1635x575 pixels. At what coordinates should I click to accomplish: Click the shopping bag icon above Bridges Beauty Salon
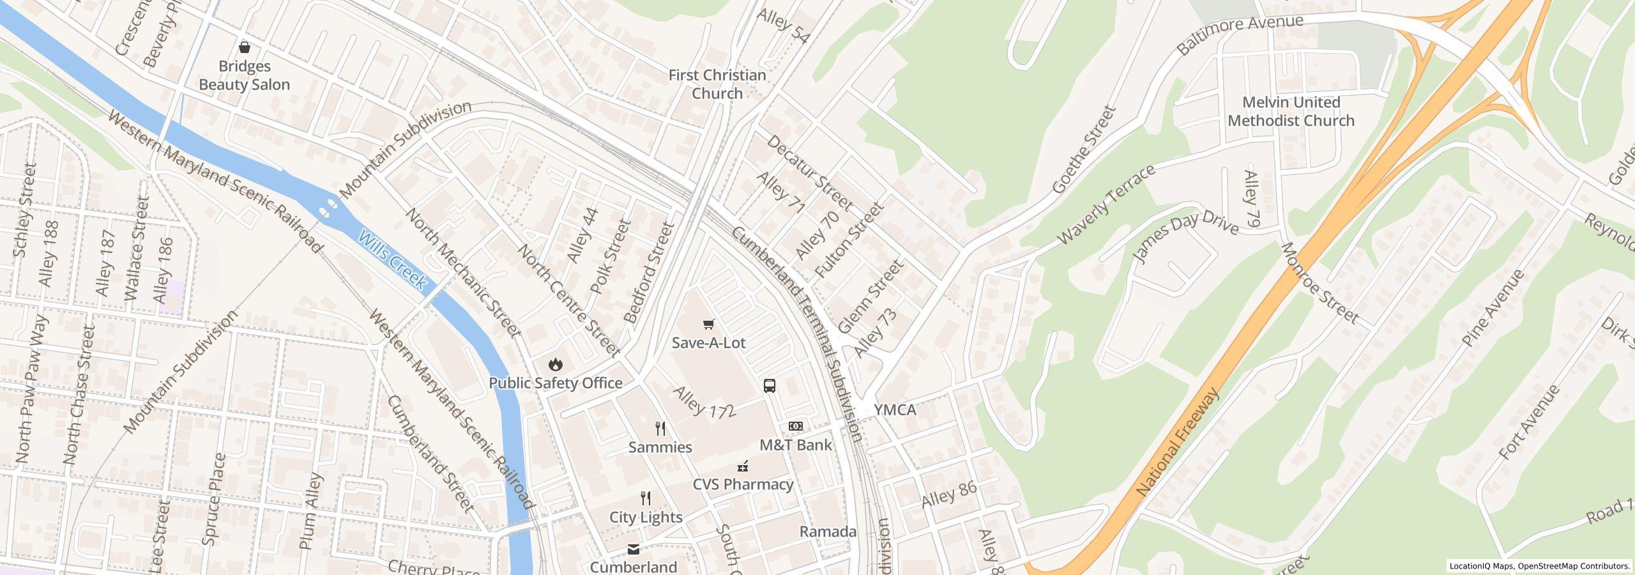pyautogui.click(x=244, y=47)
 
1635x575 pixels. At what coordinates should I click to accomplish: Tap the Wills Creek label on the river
pyautogui.click(x=392, y=260)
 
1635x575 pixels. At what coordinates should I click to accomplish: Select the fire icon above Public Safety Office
pyautogui.click(x=555, y=364)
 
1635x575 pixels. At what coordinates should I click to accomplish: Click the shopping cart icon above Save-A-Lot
pyautogui.click(x=708, y=325)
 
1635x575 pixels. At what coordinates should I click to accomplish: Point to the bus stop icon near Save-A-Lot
pyautogui.click(x=770, y=386)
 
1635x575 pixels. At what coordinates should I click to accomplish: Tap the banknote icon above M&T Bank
pyautogui.click(x=795, y=426)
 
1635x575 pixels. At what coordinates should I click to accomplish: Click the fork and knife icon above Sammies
pyautogui.click(x=660, y=428)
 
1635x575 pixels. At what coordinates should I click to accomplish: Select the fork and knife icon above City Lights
pyautogui.click(x=646, y=498)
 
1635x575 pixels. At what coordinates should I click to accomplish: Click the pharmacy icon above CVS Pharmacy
pyautogui.click(x=743, y=466)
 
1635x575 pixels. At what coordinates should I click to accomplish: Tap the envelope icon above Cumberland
pyautogui.click(x=633, y=549)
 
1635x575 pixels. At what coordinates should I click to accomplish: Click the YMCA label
pyautogui.click(x=895, y=410)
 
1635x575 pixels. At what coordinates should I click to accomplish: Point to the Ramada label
pyautogui.click(x=828, y=532)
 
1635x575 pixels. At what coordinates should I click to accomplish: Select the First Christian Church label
pyautogui.click(x=717, y=84)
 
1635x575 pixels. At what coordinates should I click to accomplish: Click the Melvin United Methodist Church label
pyautogui.click(x=1291, y=112)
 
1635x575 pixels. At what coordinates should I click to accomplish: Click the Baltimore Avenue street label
pyautogui.click(x=1240, y=34)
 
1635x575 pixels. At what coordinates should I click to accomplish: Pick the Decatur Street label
pyautogui.click(x=809, y=173)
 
